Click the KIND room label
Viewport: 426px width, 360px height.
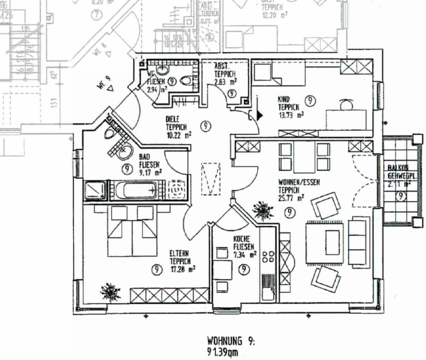point(284,99)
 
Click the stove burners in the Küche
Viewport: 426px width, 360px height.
point(268,256)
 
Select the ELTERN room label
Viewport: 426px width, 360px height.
point(180,254)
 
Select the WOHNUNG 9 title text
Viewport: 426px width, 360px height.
point(231,341)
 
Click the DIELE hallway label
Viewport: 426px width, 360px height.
point(174,119)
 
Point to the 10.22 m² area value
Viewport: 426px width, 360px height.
point(179,134)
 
